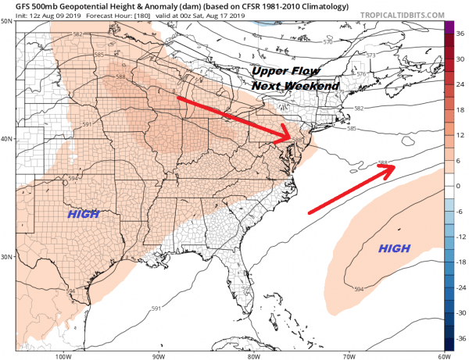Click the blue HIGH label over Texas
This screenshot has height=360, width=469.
coord(83,214)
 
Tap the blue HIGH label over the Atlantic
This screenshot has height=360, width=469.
coord(395,248)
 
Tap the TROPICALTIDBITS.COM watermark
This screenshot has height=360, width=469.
coord(418,16)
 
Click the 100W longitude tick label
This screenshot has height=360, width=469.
coord(63,355)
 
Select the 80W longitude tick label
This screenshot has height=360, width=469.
coord(253,355)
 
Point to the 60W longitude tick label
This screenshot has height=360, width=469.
coord(443,355)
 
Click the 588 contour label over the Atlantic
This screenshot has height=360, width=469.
coord(382,164)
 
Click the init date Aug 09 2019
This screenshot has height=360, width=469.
coord(46,16)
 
